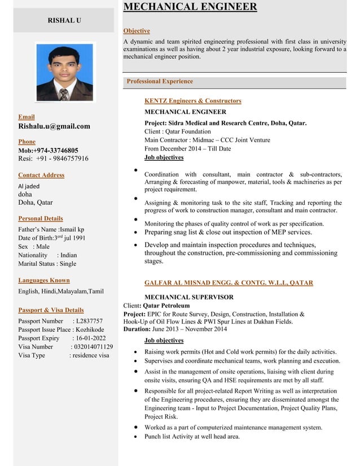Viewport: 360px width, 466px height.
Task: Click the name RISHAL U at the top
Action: [x=64, y=20]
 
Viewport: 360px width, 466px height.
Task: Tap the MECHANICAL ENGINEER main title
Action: [x=190, y=7]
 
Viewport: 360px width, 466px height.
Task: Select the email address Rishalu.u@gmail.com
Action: [x=54, y=126]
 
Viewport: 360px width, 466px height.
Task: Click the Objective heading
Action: [x=136, y=30]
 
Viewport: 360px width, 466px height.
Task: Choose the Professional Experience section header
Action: [x=160, y=81]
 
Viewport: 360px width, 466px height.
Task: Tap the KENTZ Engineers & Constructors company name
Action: [x=192, y=100]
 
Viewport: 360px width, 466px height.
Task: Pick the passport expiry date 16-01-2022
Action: [x=93, y=338]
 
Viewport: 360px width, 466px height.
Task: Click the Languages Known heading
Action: [x=44, y=280]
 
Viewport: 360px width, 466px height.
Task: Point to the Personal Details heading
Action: [x=41, y=218]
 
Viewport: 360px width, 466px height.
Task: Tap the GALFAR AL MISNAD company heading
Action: [x=229, y=283]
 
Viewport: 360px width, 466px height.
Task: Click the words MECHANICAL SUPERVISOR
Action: [x=189, y=297]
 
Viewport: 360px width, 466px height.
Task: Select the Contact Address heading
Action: [x=41, y=175]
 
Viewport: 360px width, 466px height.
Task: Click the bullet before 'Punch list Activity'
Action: [x=137, y=437]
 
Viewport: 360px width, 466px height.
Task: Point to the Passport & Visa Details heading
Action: [x=51, y=310]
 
